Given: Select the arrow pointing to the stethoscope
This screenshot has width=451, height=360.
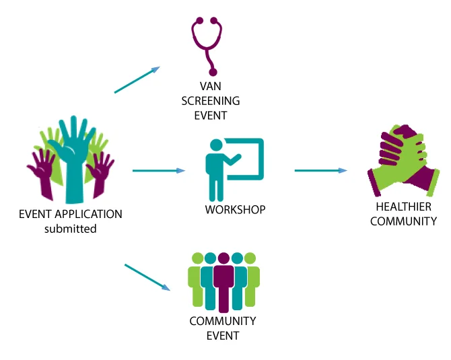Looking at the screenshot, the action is [x=137, y=80].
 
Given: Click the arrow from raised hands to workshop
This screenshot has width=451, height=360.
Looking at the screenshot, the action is [x=159, y=171].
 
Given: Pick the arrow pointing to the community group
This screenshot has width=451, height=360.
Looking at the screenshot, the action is [x=147, y=277].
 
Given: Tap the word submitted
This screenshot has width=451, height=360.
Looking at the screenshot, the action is [x=71, y=229].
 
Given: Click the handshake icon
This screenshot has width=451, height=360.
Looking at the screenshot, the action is [x=401, y=159].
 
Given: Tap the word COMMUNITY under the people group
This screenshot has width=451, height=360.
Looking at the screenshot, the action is [x=223, y=321].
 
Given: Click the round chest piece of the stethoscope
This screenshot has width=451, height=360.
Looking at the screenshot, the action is [x=214, y=71].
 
